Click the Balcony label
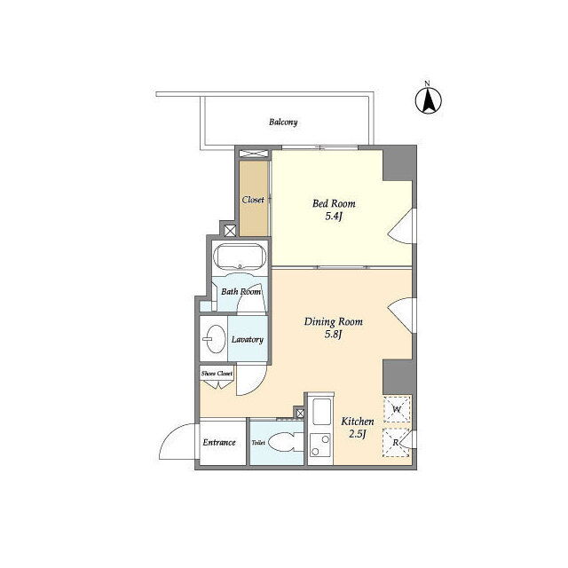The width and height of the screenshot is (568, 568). click(x=283, y=122)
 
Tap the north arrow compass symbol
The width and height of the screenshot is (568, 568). click(x=428, y=99)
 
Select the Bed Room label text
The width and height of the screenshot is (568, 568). click(x=334, y=203)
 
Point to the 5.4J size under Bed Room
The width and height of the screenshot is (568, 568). click(x=334, y=217)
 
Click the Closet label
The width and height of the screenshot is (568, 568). click(x=253, y=200)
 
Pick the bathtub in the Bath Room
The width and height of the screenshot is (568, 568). click(x=240, y=256)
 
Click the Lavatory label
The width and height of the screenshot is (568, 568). click(x=248, y=339)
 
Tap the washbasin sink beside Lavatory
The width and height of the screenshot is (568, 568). click(x=215, y=339)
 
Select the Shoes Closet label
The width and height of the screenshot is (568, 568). click(x=217, y=374)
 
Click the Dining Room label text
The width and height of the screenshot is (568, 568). click(x=334, y=321)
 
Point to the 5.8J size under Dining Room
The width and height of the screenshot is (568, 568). click(x=334, y=335)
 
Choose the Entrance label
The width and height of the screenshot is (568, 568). click(x=219, y=442)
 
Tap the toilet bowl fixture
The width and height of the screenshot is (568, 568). click(x=286, y=443)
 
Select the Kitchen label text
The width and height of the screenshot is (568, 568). click(x=358, y=422)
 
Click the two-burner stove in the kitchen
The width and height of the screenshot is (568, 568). click(x=320, y=446)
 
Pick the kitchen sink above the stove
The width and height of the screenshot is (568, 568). click(x=321, y=412)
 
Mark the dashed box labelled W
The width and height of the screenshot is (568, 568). click(x=397, y=409)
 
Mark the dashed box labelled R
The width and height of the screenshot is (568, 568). click(x=397, y=443)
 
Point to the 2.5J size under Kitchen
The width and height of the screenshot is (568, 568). click(x=358, y=434)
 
